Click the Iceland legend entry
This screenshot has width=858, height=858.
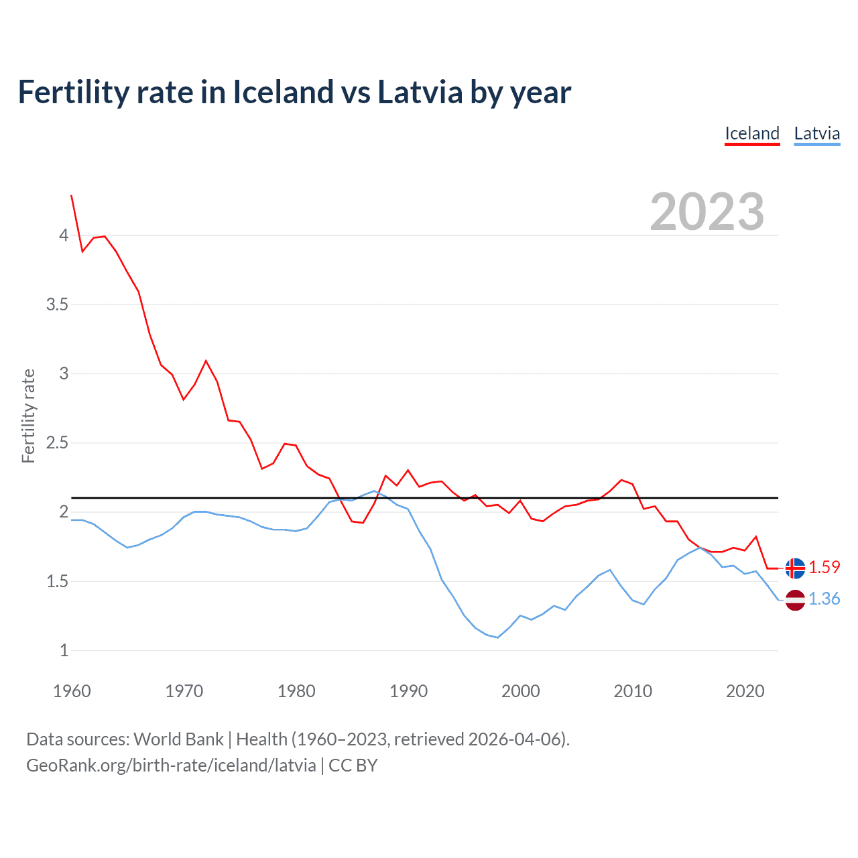click(x=752, y=133)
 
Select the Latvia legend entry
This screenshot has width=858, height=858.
click(x=816, y=133)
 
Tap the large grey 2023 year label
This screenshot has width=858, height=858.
click(x=707, y=212)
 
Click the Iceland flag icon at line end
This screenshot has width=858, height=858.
click(x=795, y=568)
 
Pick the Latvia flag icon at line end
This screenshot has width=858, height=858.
click(x=795, y=600)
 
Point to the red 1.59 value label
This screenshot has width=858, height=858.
click(x=824, y=567)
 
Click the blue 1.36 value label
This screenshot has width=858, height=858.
click(x=824, y=599)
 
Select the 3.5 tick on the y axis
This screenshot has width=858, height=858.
click(x=57, y=305)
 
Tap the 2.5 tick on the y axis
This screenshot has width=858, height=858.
click(x=57, y=443)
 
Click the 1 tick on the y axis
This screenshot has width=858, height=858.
click(x=64, y=651)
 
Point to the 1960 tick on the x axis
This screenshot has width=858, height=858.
click(x=72, y=691)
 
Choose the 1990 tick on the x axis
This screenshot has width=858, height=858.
click(x=408, y=691)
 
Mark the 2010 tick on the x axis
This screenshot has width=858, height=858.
click(x=633, y=691)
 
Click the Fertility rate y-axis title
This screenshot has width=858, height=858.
click(x=28, y=416)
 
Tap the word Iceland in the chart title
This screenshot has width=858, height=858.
click(x=283, y=93)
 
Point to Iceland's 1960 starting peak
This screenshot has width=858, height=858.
click(x=72, y=196)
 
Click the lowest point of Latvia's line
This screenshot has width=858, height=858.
click(x=497, y=637)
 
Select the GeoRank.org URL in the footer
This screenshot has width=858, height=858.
click(x=171, y=765)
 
